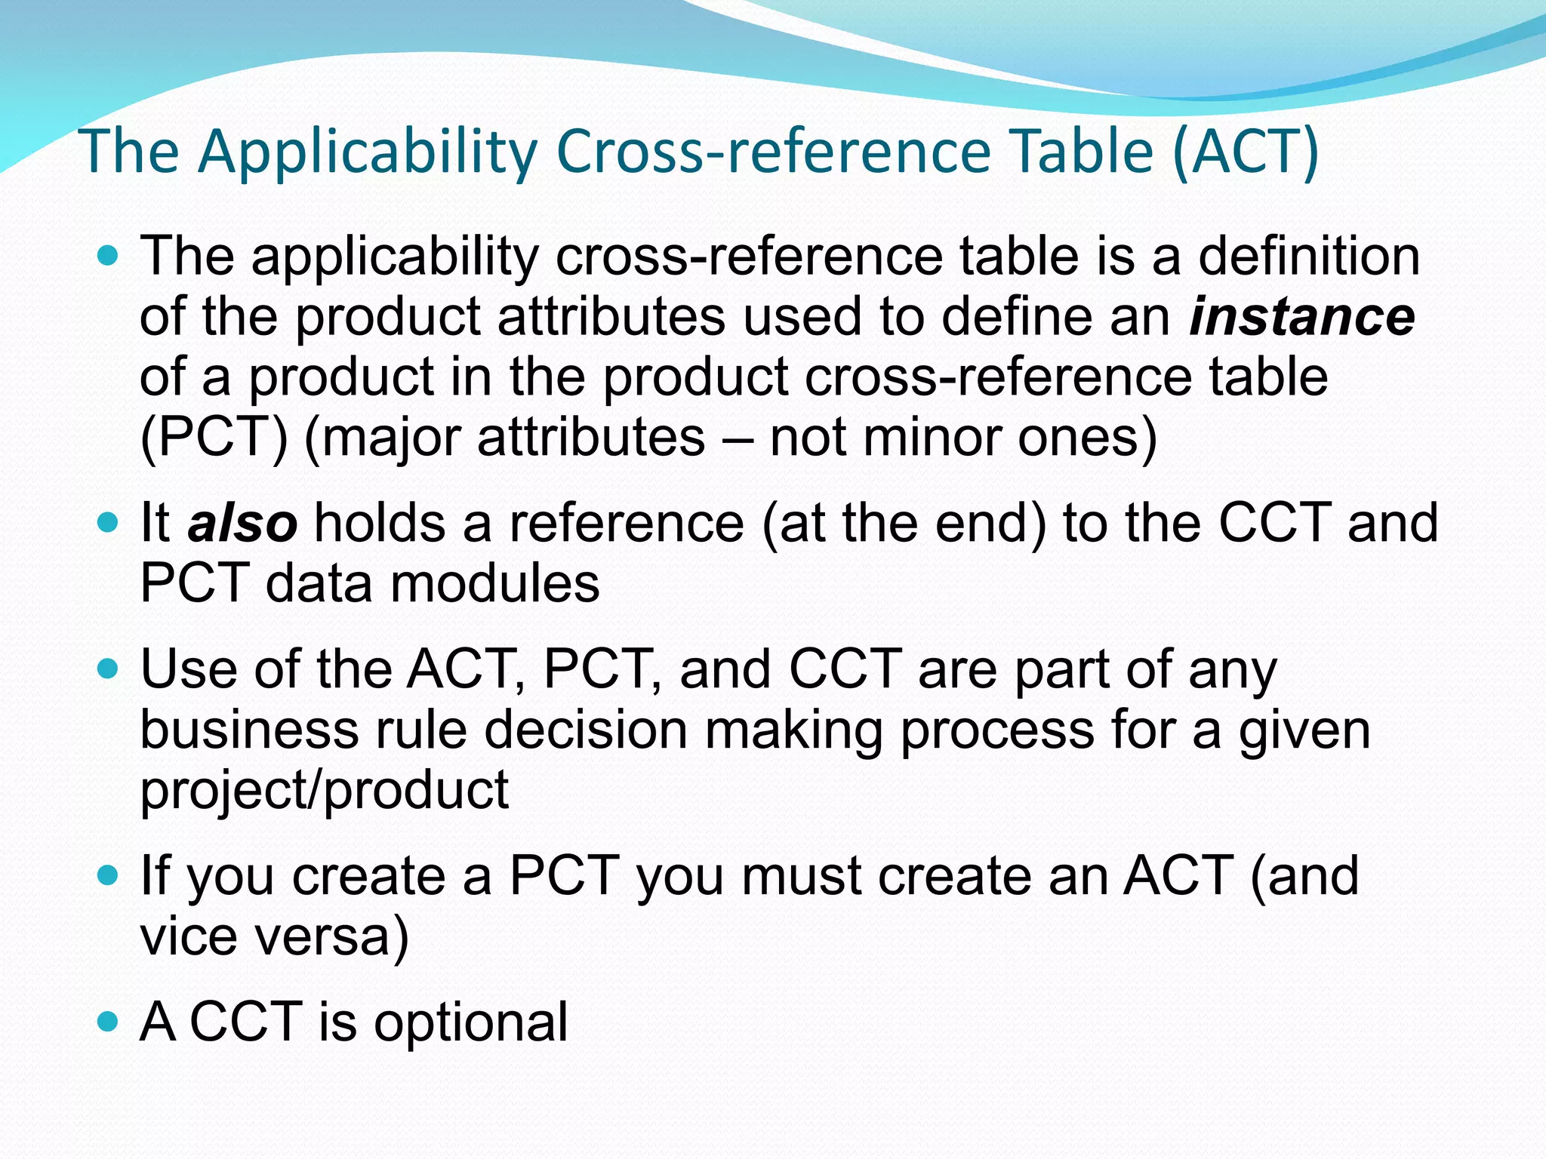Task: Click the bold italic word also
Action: tap(242, 523)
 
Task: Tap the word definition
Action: tap(1309, 257)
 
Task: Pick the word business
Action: tap(249, 730)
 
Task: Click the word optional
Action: tap(471, 1022)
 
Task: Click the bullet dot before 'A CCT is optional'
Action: tap(109, 1022)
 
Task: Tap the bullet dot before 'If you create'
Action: tap(109, 875)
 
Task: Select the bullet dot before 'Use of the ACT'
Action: tap(109, 669)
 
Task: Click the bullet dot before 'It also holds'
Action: tap(109, 522)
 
